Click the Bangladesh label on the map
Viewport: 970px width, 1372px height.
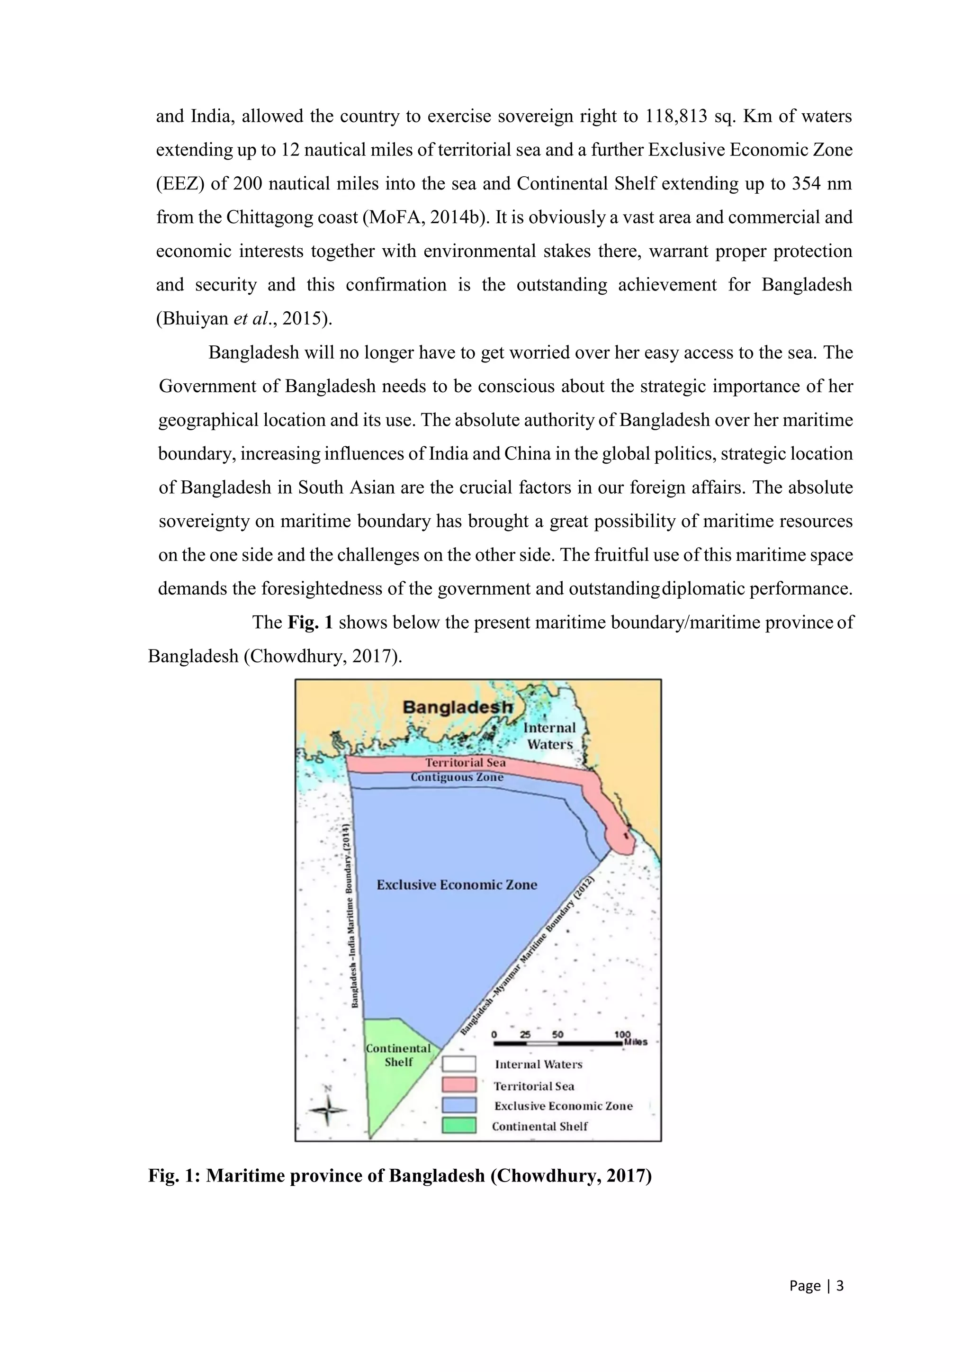click(x=458, y=707)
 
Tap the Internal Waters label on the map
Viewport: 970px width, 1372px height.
click(x=549, y=736)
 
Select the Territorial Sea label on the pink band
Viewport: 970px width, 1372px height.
click(x=465, y=762)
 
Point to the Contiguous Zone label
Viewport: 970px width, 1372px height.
click(x=457, y=777)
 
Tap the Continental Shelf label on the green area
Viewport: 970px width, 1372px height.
click(x=398, y=1055)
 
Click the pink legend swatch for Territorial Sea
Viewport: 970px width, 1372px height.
click(x=459, y=1084)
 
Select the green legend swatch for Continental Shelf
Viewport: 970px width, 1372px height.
click(x=459, y=1125)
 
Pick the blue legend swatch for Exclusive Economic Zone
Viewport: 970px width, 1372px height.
click(x=459, y=1105)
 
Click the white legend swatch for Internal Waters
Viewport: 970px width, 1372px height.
click(x=459, y=1064)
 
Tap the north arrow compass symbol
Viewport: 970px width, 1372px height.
click(x=327, y=1109)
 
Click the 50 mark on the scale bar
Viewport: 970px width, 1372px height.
click(x=557, y=1034)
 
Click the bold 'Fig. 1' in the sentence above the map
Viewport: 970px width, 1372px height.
click(x=310, y=623)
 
